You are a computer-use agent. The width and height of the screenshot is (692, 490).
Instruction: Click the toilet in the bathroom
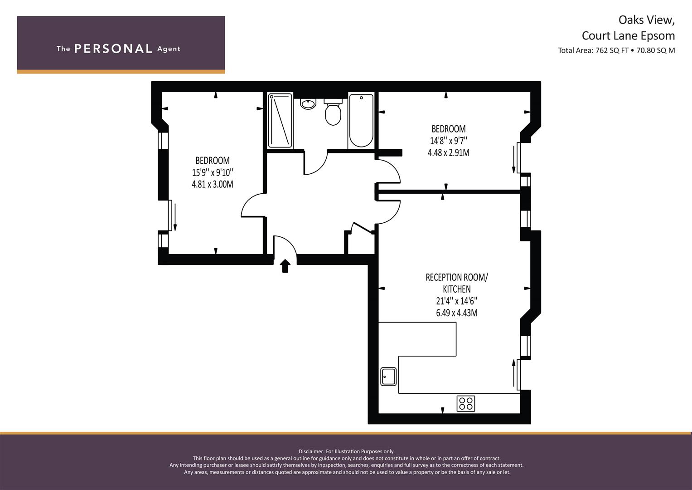(333, 112)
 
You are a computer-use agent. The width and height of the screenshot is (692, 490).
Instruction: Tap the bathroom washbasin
(308, 103)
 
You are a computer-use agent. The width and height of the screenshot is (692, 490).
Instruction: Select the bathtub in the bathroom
(361, 121)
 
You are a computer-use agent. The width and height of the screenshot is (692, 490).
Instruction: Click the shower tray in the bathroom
(280, 121)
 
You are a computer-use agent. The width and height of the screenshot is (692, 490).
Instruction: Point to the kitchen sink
(388, 377)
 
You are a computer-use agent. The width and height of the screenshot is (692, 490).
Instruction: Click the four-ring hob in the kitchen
(466, 404)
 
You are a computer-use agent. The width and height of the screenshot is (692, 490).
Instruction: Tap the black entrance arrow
(285, 266)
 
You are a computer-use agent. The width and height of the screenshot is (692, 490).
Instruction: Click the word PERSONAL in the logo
(113, 49)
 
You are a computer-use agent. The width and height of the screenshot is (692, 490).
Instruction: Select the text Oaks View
(646, 20)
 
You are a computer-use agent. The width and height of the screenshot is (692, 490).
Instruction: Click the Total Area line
(616, 50)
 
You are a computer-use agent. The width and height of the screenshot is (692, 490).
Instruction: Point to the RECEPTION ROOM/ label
(457, 277)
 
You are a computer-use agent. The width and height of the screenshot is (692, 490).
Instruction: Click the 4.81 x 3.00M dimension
(213, 184)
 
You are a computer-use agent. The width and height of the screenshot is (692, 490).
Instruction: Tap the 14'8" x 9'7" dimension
(449, 141)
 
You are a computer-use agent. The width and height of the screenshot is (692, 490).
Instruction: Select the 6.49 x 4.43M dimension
(457, 313)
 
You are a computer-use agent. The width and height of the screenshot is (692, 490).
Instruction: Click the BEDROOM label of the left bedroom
(213, 161)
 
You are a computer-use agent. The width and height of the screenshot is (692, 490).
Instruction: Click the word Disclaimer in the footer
(311, 451)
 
